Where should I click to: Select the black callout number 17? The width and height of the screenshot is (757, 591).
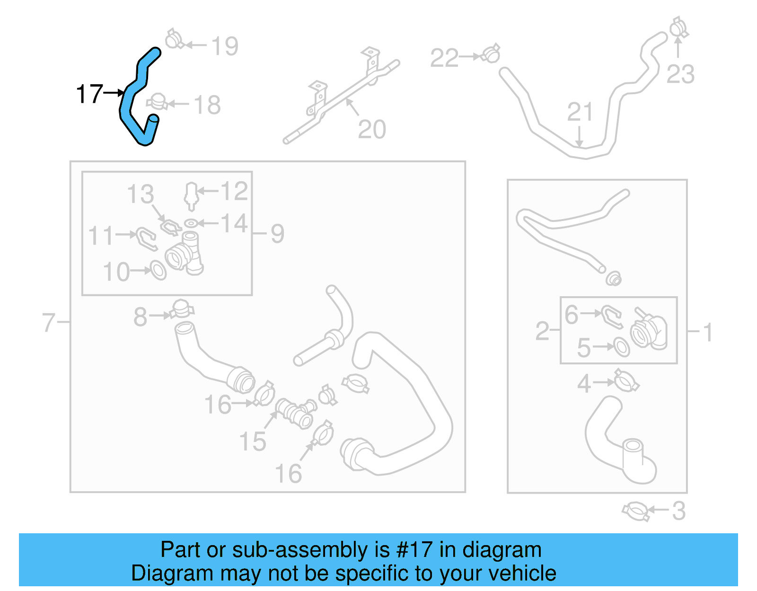(x=89, y=94)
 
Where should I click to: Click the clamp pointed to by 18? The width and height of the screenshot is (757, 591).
(x=157, y=102)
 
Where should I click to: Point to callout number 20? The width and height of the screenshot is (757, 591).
(x=372, y=129)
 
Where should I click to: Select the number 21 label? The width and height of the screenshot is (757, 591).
(x=580, y=112)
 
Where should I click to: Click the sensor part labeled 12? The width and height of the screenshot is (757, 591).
(x=191, y=195)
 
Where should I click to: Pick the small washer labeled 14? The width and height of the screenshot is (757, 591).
(x=191, y=223)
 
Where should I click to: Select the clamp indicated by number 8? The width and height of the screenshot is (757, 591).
(x=182, y=309)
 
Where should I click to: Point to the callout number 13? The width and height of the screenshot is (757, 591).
(x=141, y=194)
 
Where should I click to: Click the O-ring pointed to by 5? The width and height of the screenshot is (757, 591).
(x=621, y=347)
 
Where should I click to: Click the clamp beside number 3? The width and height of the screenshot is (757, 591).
(x=635, y=512)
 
